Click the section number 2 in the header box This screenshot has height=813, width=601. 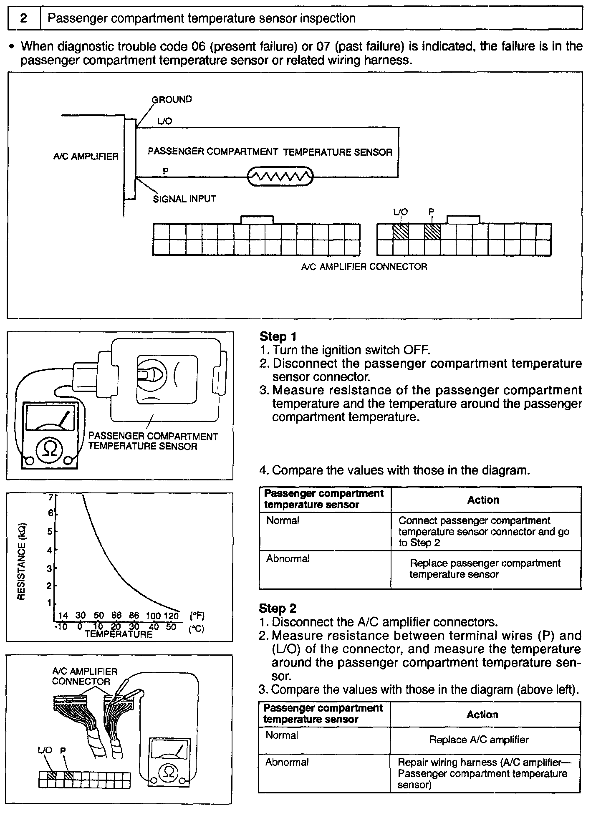(24, 18)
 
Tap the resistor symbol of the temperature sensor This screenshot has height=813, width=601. (280, 177)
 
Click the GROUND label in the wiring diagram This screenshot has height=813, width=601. (172, 99)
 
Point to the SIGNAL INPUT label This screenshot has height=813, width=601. (184, 199)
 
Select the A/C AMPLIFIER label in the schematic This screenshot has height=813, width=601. (86, 157)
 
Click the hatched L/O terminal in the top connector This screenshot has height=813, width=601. (401, 232)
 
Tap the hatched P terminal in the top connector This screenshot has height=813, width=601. (432, 232)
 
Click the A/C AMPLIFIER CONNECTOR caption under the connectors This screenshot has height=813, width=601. (364, 267)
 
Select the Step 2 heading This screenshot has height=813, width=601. (278, 608)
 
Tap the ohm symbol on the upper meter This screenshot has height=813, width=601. (50, 449)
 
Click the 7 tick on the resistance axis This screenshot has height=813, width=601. (51, 497)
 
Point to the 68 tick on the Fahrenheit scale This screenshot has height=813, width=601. (116, 616)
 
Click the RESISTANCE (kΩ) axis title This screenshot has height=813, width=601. (22, 561)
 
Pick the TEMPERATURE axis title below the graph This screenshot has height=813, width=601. (119, 634)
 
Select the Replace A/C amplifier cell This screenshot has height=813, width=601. (479, 740)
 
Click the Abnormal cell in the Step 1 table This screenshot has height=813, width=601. (288, 559)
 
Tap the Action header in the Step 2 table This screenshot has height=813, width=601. (482, 715)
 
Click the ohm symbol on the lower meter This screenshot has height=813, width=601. (169, 772)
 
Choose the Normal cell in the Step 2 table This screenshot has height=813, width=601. (282, 735)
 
